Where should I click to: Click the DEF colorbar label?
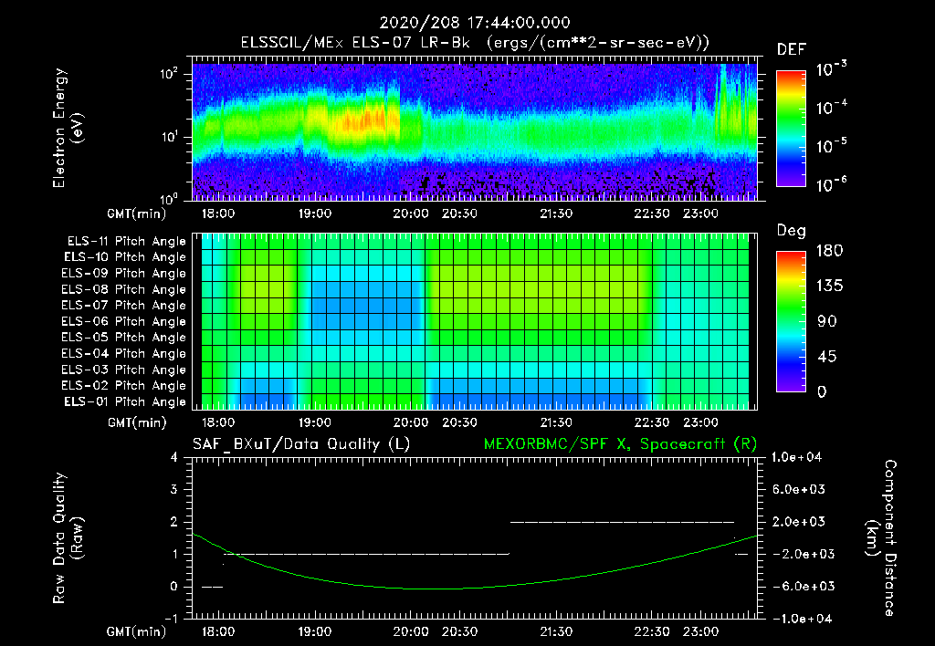(791, 49)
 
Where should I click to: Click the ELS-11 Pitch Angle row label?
(125, 241)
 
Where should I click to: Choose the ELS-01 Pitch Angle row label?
(125, 401)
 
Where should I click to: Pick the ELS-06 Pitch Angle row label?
(125, 321)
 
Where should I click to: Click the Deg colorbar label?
(791, 231)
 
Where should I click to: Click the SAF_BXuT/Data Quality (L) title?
(300, 444)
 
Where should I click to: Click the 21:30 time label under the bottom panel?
(556, 631)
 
